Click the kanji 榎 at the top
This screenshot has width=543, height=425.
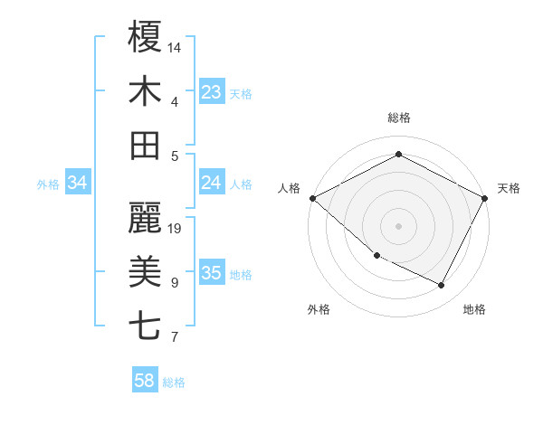146,37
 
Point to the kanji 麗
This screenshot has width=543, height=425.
146,218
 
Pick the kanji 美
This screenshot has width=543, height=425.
146,272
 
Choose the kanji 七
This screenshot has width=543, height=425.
146,326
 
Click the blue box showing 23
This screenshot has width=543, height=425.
212,91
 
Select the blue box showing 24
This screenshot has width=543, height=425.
212,183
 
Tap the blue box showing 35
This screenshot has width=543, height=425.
212,273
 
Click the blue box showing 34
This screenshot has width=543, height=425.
78,183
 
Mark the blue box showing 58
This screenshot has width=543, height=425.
145,381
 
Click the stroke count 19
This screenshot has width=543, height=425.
176,229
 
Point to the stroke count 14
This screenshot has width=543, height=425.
176,46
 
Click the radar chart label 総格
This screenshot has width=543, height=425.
399,118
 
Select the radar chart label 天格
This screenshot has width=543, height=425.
509,188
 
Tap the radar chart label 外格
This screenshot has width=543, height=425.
319,309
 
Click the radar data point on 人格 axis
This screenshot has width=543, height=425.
312,198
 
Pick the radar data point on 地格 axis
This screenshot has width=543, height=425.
441,286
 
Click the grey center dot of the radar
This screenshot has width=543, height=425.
398,225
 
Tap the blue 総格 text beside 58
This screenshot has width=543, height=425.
174,382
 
